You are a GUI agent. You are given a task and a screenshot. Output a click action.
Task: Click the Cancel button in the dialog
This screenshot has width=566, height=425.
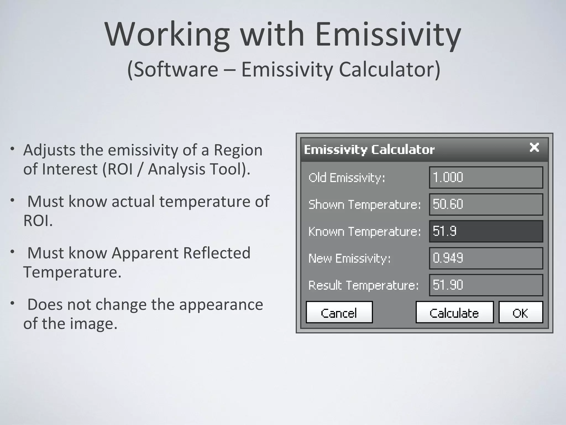[x=339, y=312]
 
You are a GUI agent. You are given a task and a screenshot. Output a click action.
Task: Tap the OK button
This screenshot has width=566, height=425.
[x=520, y=312]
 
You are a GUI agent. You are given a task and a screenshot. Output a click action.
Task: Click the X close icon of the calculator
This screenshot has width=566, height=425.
[x=534, y=147]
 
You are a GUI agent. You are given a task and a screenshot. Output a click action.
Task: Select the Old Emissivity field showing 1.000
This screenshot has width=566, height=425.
[x=486, y=177]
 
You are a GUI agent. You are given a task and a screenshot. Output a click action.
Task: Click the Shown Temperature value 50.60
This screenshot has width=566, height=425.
[x=486, y=204]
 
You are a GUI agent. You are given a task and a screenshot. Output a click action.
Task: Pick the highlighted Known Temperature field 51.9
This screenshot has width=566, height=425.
[x=486, y=231]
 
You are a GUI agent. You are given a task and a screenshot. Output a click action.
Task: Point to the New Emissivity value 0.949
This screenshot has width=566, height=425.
[x=486, y=258]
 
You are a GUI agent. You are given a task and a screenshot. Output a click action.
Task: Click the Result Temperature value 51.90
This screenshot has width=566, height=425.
[x=486, y=285]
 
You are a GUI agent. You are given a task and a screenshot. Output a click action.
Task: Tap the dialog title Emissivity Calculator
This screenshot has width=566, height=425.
[x=369, y=150]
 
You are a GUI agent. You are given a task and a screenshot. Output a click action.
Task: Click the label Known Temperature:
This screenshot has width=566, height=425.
[x=365, y=231]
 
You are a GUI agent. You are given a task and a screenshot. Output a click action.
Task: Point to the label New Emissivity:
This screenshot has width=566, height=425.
[x=350, y=258]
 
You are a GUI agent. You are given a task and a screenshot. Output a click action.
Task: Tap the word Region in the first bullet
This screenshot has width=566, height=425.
[x=238, y=150]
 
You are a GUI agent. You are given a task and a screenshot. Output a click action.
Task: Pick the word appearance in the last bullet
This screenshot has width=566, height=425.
[x=221, y=304]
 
